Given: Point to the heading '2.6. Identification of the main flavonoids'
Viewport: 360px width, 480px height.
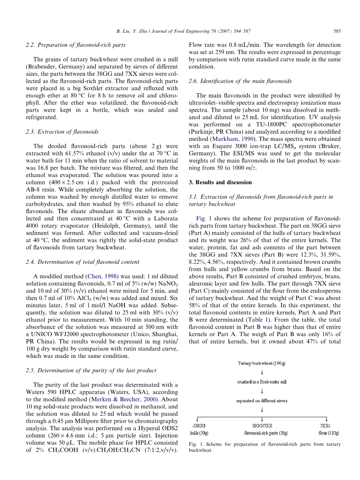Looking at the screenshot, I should pyautogui.click(x=240, y=81).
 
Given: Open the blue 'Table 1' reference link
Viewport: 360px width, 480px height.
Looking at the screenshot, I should pyautogui.click(x=277, y=313).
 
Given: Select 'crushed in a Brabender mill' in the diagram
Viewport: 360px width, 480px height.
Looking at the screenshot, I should pyautogui.click(x=262, y=382).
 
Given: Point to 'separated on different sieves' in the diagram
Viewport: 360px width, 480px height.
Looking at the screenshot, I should pyautogui.click(x=262, y=401).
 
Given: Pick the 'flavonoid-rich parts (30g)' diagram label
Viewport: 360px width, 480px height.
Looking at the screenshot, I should pyautogui.click(x=263, y=433).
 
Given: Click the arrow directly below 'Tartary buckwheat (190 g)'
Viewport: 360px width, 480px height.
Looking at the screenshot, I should pyautogui.click(x=262, y=373).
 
